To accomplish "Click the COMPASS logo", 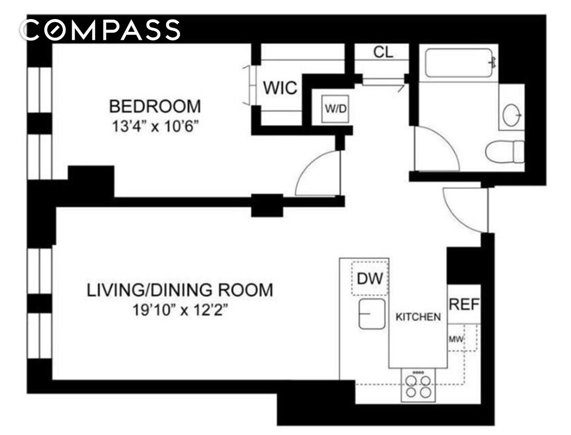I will (101, 30).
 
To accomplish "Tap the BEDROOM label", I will (155, 107).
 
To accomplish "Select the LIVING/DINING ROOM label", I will (180, 290).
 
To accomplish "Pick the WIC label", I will (280, 88).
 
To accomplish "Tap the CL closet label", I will (383, 53).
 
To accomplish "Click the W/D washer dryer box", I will (335, 109).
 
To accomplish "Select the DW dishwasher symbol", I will (370, 278).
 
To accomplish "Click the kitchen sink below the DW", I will (372, 314).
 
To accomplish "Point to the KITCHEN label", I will (418, 317).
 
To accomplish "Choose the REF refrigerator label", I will (464, 304).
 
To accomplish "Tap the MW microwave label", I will (456, 339).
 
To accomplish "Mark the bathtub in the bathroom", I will (458, 63).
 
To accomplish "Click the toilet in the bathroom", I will (504, 152).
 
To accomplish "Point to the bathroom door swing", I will (437, 149).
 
